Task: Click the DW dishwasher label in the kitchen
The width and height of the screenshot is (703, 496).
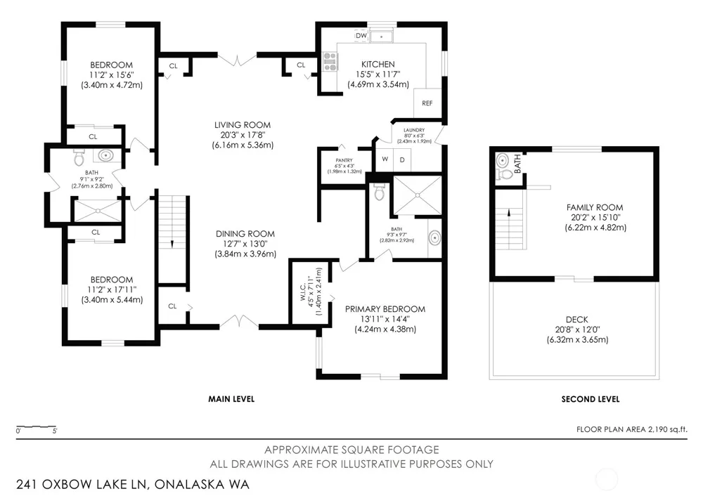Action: [361, 35]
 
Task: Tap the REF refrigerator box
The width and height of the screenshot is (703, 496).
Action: [427, 103]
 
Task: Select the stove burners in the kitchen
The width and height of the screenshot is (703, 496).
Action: [330, 61]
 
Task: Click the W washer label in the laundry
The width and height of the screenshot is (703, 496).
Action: [385, 159]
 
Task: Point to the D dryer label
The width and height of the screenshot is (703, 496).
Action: [402, 159]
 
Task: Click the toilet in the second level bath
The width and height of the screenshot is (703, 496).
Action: [504, 175]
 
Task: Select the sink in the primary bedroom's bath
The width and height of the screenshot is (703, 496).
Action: [434, 238]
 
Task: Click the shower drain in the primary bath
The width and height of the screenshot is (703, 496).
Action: [418, 195]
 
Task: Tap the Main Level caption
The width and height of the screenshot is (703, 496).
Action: [231, 399]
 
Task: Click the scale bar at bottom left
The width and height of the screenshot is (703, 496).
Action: [37, 426]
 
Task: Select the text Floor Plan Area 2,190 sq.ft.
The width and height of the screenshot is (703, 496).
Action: [632, 429]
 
